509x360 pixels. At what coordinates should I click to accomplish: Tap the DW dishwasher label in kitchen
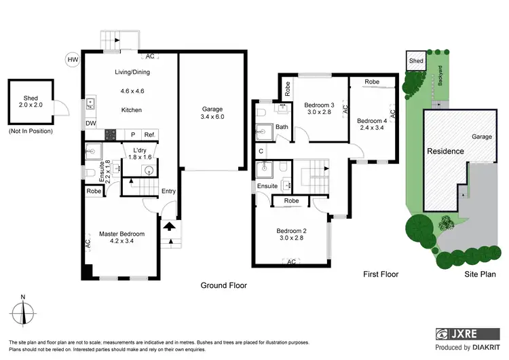(x=90, y=123)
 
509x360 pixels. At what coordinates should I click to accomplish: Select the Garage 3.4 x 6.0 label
(x=212, y=113)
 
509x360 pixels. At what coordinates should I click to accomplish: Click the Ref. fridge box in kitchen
(x=149, y=135)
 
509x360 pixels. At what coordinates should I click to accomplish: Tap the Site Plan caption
(x=479, y=274)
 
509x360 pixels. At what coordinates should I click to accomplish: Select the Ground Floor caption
(x=223, y=285)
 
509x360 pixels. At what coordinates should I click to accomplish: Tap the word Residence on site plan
(x=445, y=151)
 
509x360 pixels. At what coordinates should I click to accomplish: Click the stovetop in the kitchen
(x=110, y=134)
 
